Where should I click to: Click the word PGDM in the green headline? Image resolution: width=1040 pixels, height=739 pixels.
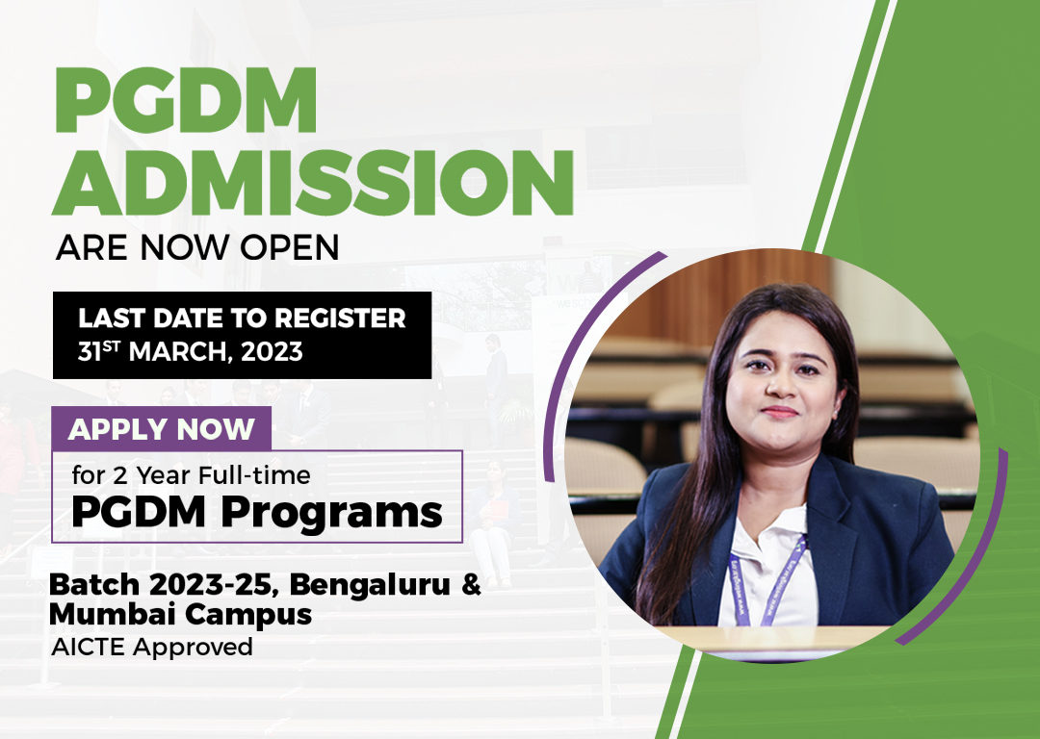(x=186, y=101)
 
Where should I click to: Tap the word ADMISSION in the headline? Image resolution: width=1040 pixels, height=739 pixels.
(x=312, y=182)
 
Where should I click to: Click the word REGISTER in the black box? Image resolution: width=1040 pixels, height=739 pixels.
(x=340, y=319)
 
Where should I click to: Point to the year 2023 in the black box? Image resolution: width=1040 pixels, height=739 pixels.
(x=272, y=351)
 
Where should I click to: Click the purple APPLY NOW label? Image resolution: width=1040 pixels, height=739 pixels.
(x=161, y=429)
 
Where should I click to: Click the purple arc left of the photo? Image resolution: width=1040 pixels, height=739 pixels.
(x=583, y=344)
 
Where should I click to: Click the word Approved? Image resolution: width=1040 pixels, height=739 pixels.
(x=193, y=647)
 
